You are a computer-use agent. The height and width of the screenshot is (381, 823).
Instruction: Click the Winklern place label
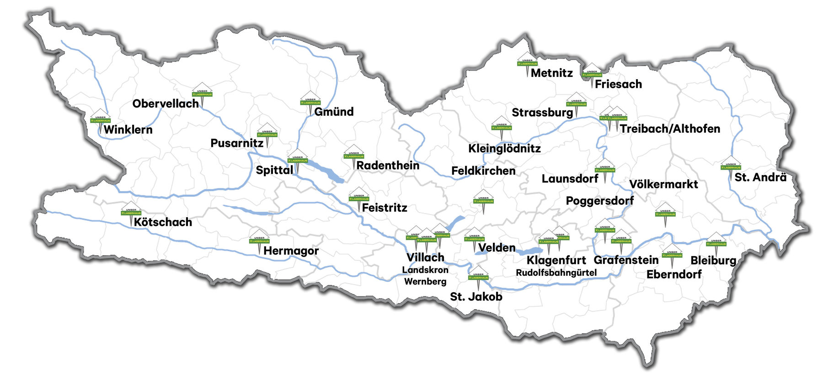(x=128, y=130)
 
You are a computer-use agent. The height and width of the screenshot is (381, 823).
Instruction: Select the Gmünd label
(x=334, y=112)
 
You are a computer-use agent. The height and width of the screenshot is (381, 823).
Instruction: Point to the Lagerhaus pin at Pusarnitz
(x=267, y=133)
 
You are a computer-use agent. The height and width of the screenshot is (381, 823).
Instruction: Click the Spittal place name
(x=274, y=170)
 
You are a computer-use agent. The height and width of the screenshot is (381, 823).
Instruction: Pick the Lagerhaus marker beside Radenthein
(x=354, y=154)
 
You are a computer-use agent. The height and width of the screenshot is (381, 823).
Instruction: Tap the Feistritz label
(x=385, y=208)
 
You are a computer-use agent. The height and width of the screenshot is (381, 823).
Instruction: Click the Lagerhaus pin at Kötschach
(x=131, y=211)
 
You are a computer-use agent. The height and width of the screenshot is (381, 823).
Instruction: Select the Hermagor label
(x=291, y=251)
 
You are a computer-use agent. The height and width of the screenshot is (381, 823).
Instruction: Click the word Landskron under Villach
(x=425, y=270)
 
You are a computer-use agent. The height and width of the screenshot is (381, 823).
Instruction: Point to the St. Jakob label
(x=476, y=297)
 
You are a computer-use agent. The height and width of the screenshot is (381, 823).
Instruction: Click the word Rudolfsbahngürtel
(x=556, y=273)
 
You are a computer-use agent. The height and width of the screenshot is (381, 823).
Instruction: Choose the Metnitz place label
(x=551, y=73)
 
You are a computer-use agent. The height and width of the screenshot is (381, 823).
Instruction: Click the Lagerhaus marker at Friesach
(x=592, y=72)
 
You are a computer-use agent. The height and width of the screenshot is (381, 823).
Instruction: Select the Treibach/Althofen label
(x=670, y=129)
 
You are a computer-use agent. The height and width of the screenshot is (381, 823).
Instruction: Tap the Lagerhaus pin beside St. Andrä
(x=731, y=165)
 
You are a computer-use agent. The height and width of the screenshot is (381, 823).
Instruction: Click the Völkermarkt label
(x=663, y=184)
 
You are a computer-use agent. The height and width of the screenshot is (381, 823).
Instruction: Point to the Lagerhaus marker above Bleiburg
(x=716, y=241)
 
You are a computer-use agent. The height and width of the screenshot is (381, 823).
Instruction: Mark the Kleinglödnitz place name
(x=504, y=149)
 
